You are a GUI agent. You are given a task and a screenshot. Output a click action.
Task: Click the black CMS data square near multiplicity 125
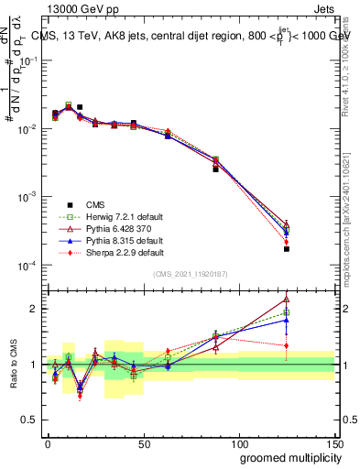[287, 248]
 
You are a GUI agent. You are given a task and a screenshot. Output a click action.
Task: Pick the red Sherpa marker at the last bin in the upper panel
[287, 242]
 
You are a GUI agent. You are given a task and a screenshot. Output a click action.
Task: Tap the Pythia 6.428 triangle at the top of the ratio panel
[287, 299]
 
